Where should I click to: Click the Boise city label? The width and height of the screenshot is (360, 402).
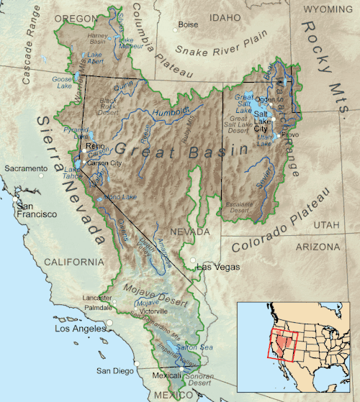[x=188, y=24]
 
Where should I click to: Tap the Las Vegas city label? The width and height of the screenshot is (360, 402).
[x=215, y=268]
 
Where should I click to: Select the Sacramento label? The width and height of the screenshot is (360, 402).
[x=25, y=168]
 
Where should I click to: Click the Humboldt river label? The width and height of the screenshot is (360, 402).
[x=169, y=111]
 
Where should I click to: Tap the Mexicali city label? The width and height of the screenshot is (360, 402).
[x=167, y=375]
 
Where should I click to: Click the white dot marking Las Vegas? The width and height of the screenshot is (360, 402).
[x=194, y=260]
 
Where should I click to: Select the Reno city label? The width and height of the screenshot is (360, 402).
[x=95, y=147]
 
